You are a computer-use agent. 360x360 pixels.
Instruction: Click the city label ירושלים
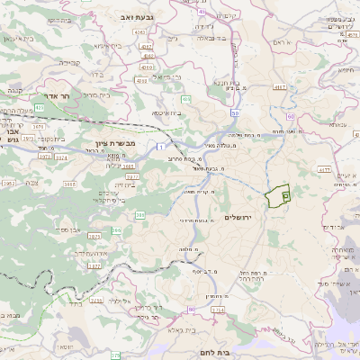tap(264, 218)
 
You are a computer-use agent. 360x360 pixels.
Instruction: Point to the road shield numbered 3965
tap(8, 183)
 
